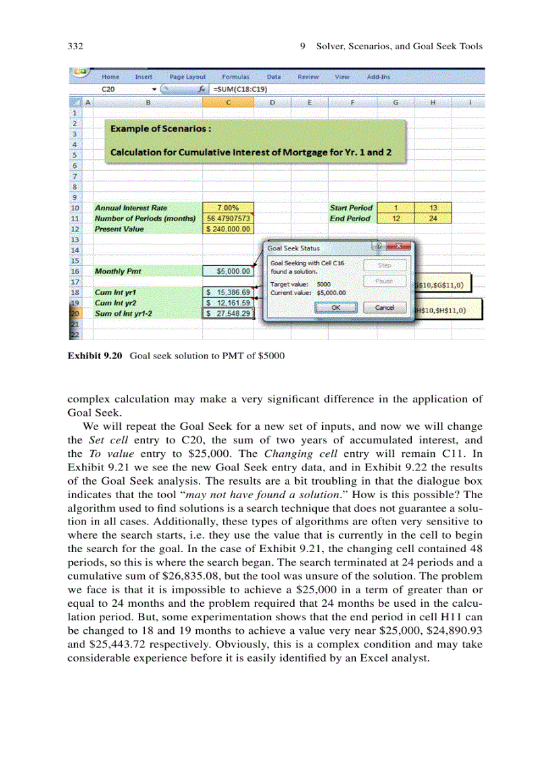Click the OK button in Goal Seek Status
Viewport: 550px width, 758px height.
click(x=335, y=308)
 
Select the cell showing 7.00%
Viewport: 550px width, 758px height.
click(x=228, y=208)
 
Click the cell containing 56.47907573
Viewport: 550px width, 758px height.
click(x=228, y=218)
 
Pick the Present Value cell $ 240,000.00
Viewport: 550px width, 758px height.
click(x=228, y=229)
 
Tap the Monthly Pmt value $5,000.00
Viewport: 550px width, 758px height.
click(x=228, y=271)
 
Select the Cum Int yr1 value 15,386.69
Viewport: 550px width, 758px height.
click(x=228, y=292)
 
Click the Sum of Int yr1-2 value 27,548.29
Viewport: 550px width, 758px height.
click(x=228, y=313)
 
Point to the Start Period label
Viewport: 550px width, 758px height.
click(x=350, y=208)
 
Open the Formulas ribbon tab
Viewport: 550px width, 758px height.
click(x=235, y=77)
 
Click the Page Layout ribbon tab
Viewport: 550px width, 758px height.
click(x=187, y=77)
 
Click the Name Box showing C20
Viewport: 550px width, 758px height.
click(x=121, y=88)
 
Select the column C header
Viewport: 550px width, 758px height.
click(x=228, y=103)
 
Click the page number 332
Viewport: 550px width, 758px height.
click(x=75, y=47)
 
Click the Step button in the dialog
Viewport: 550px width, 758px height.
click(x=385, y=265)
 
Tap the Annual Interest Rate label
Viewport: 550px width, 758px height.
click(x=131, y=208)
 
